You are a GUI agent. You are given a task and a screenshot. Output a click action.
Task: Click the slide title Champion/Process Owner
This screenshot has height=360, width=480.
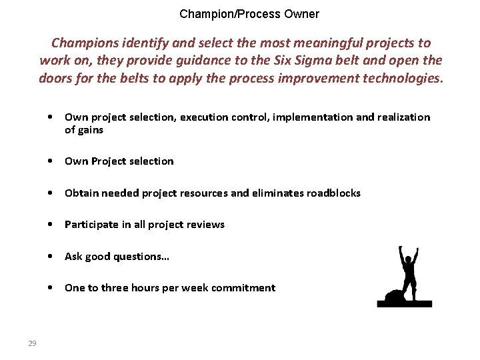pyautogui.click(x=249, y=14)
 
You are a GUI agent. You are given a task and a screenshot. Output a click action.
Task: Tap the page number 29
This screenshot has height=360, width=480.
pyautogui.click(x=32, y=343)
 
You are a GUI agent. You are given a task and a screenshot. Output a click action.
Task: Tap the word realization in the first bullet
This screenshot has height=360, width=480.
pyautogui.click(x=404, y=117)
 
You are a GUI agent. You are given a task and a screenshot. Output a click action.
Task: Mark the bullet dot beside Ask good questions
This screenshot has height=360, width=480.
pyautogui.click(x=51, y=257)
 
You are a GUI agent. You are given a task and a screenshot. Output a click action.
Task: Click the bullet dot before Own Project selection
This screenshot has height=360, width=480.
pyautogui.click(x=51, y=161)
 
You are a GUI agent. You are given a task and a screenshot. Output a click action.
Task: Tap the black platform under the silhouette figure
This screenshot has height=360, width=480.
pyautogui.click(x=404, y=304)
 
